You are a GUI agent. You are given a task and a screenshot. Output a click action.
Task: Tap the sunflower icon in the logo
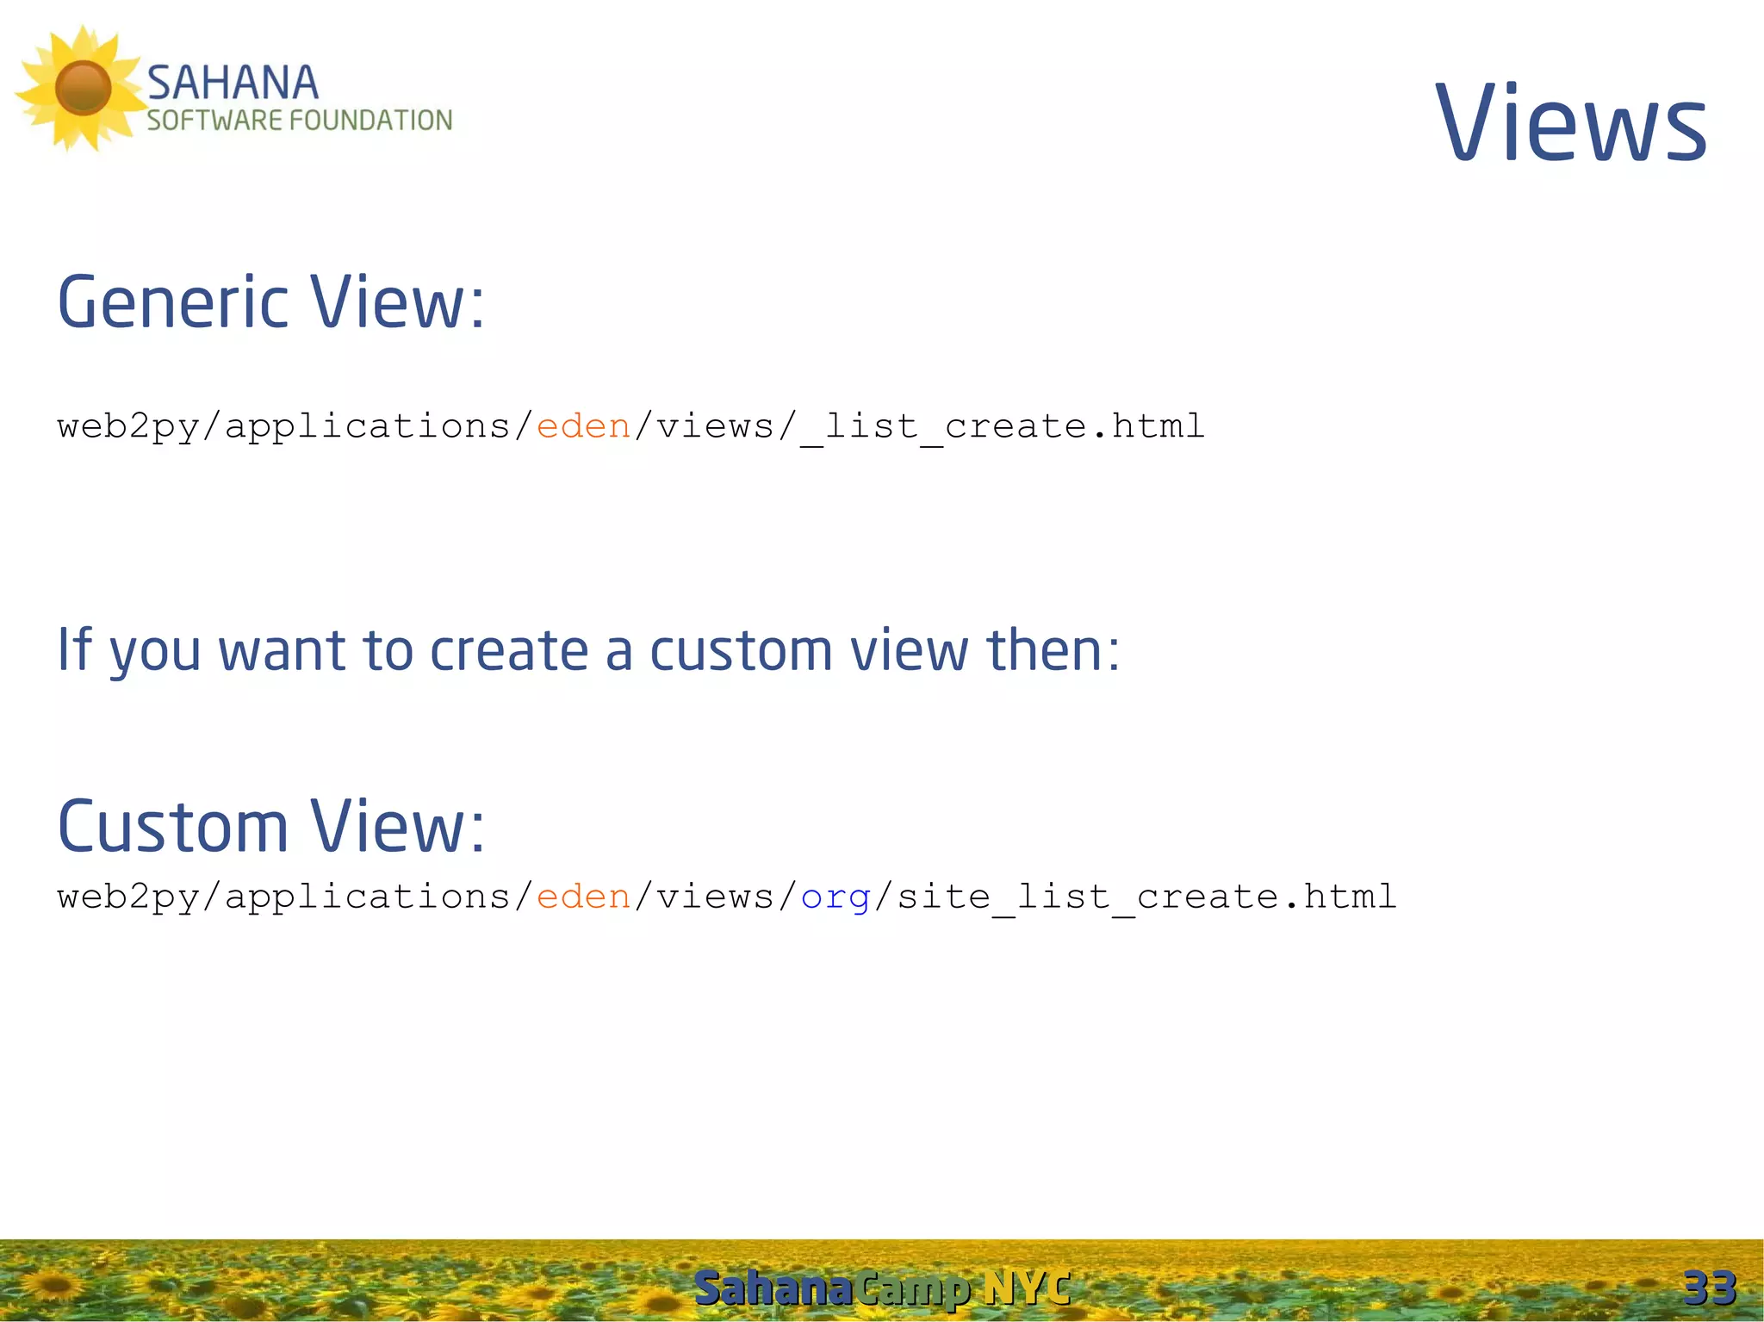pos(82,88)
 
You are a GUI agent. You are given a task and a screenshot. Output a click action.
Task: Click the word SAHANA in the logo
pos(233,84)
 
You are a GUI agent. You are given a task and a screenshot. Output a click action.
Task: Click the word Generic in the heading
pos(172,303)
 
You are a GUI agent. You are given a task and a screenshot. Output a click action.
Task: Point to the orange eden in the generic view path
pos(583,426)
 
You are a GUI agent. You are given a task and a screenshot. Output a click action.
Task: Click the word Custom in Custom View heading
pos(172,827)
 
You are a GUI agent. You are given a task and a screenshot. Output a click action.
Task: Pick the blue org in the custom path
pos(835,898)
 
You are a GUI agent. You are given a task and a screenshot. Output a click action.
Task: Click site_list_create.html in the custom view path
pos(1146,897)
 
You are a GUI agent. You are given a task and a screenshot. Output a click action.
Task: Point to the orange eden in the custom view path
pos(583,897)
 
